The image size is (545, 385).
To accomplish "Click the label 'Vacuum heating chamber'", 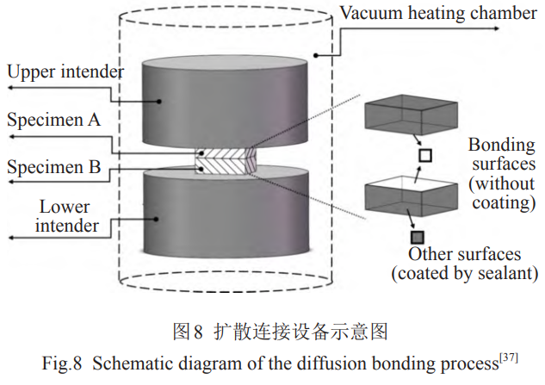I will (x=414, y=13).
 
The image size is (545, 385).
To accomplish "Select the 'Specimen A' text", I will (x=54, y=121).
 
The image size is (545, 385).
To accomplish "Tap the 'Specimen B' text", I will (x=54, y=166).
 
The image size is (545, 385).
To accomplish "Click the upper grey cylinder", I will (x=221, y=99).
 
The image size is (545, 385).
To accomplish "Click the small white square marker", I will (x=424, y=155).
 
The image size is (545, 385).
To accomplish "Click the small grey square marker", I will (x=418, y=237).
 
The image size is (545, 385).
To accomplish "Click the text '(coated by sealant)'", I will (x=464, y=274).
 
